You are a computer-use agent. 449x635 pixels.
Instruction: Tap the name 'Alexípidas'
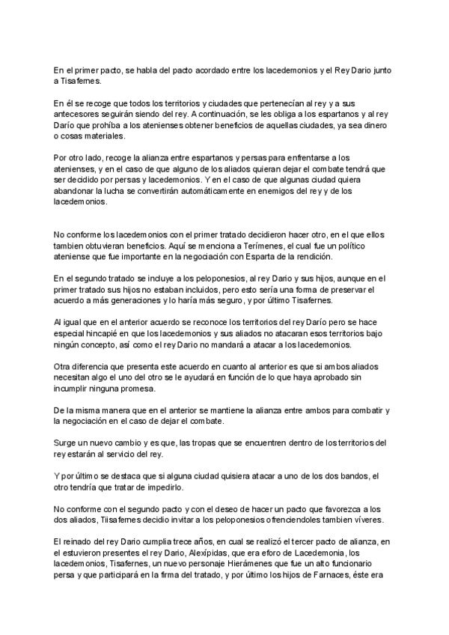pos(202,552)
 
